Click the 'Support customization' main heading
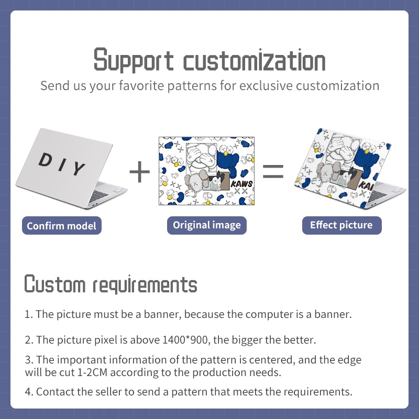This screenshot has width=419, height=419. point(210,60)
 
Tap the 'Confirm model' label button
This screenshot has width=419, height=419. point(62,226)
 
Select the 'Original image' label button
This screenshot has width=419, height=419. point(206,225)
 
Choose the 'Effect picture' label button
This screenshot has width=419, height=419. point(342,225)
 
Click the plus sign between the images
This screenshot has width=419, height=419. point(139,172)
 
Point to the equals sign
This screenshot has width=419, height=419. point(273,171)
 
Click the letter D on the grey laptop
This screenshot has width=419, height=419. point(45,160)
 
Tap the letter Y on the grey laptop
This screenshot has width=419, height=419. point(78,168)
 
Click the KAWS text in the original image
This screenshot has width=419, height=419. point(241,184)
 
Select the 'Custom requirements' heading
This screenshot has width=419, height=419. point(111,284)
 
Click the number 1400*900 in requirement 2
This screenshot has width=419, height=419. point(185,340)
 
